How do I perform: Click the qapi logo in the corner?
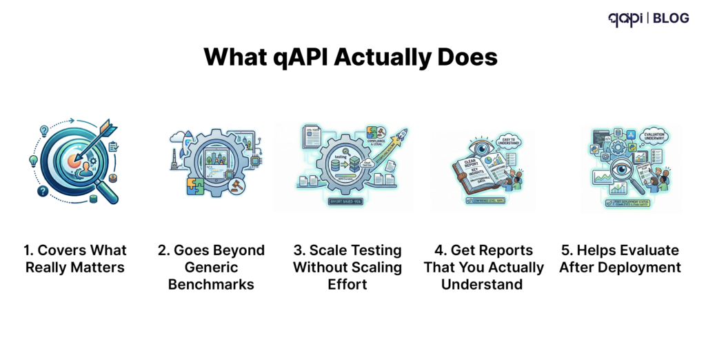click(x=625, y=19)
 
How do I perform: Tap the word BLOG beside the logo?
click(x=670, y=18)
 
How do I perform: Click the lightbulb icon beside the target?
click(x=32, y=161)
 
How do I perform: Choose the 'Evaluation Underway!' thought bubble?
click(x=653, y=136)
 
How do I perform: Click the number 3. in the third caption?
click(x=299, y=250)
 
